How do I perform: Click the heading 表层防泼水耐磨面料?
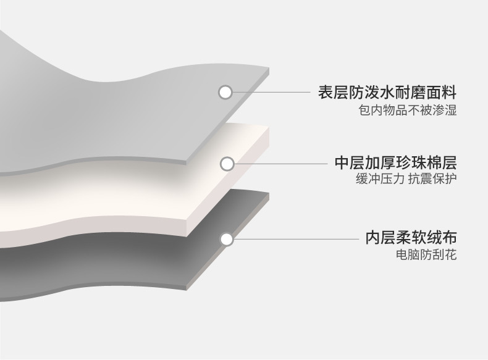point(387,93)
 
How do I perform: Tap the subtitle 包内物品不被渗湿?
point(408,111)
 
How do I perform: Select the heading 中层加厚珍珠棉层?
point(395,163)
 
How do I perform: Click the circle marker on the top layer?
point(225,93)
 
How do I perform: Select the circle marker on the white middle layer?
point(227,164)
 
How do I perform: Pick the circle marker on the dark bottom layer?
point(227,238)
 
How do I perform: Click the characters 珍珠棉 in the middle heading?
point(418,163)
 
